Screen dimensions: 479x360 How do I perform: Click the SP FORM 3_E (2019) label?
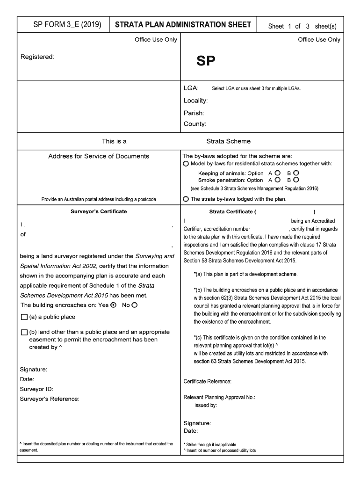click(63, 25)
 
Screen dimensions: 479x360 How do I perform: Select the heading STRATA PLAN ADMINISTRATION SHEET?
click(183, 25)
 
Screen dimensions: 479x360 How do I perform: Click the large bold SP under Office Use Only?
click(206, 61)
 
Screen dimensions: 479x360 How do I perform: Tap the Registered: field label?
click(37, 57)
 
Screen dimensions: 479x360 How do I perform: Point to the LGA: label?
click(191, 88)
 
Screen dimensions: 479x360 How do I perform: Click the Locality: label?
click(195, 101)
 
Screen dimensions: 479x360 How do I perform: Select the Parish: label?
click(194, 113)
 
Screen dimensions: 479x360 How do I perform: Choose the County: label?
click(195, 124)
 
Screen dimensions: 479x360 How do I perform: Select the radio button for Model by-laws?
click(186, 164)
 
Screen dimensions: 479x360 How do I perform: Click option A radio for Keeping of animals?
click(278, 173)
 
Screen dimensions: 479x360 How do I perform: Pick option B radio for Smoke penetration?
click(296, 180)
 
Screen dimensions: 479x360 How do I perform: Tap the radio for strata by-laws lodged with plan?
click(186, 199)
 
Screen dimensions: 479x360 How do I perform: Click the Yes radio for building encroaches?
click(113, 305)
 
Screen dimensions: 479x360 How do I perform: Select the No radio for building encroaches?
click(135, 305)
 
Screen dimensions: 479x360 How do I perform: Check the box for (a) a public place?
click(24, 317)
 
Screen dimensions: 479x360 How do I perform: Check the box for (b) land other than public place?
click(24, 332)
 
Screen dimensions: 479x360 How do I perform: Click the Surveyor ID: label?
click(36, 389)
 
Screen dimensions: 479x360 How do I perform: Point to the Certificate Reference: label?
click(207, 382)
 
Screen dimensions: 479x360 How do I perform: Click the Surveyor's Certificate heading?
click(99, 211)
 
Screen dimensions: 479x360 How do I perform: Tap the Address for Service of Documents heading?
click(99, 156)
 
